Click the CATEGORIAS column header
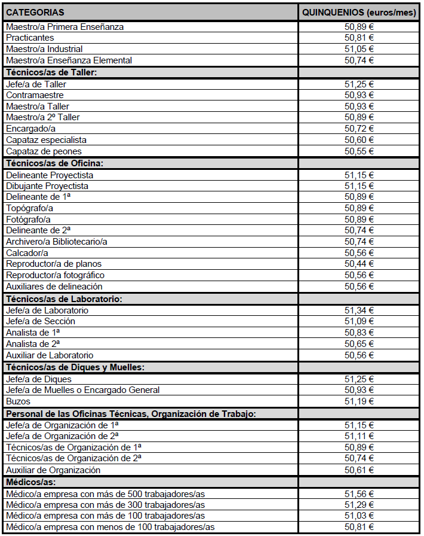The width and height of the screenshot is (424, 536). click(x=35, y=12)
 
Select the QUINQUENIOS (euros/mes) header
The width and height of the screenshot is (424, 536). click(x=360, y=12)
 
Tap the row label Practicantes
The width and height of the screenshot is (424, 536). click(x=30, y=38)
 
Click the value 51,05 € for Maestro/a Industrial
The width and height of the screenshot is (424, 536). click(x=360, y=49)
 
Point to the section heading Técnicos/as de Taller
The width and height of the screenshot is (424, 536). click(x=51, y=72)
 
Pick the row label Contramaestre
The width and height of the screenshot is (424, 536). click(x=35, y=95)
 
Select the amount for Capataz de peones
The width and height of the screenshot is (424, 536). click(x=360, y=151)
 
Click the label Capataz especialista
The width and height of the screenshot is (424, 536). click(x=47, y=140)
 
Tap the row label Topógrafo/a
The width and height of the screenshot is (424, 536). click(x=30, y=208)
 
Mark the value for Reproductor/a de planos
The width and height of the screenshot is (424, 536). click(x=360, y=264)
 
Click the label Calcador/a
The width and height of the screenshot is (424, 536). click(x=27, y=253)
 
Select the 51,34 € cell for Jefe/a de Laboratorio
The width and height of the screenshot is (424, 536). click(x=360, y=310)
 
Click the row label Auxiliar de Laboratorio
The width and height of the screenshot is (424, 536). click(x=50, y=355)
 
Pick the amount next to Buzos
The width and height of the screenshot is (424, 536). click(x=360, y=401)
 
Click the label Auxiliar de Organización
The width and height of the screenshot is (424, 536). click(x=53, y=470)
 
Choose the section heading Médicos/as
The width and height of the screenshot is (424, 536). click(x=30, y=482)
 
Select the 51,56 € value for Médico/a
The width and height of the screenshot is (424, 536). click(x=360, y=494)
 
